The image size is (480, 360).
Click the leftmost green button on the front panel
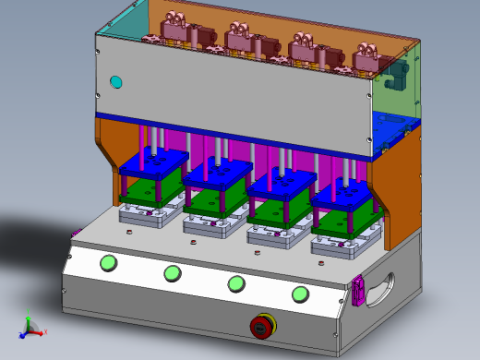click(109, 263)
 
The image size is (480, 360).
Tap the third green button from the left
click(236, 283)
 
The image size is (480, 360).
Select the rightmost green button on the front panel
click(300, 294)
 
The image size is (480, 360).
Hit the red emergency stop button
click(262, 326)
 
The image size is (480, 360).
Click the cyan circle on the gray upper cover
click(116, 82)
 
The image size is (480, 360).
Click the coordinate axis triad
click(30, 326)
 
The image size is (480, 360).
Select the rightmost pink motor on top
click(366, 57)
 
